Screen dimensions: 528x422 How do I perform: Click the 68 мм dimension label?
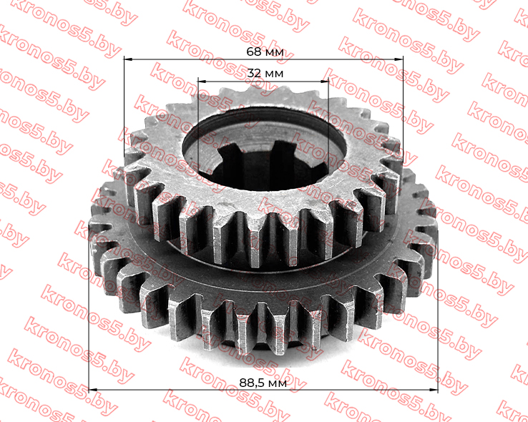[265, 52]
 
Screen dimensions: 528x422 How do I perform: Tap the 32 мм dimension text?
[265, 73]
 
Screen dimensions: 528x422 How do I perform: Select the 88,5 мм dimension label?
[263, 383]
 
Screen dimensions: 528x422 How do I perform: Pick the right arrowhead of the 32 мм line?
[324, 81]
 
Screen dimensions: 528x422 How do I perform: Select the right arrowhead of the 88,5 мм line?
[434, 390]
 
